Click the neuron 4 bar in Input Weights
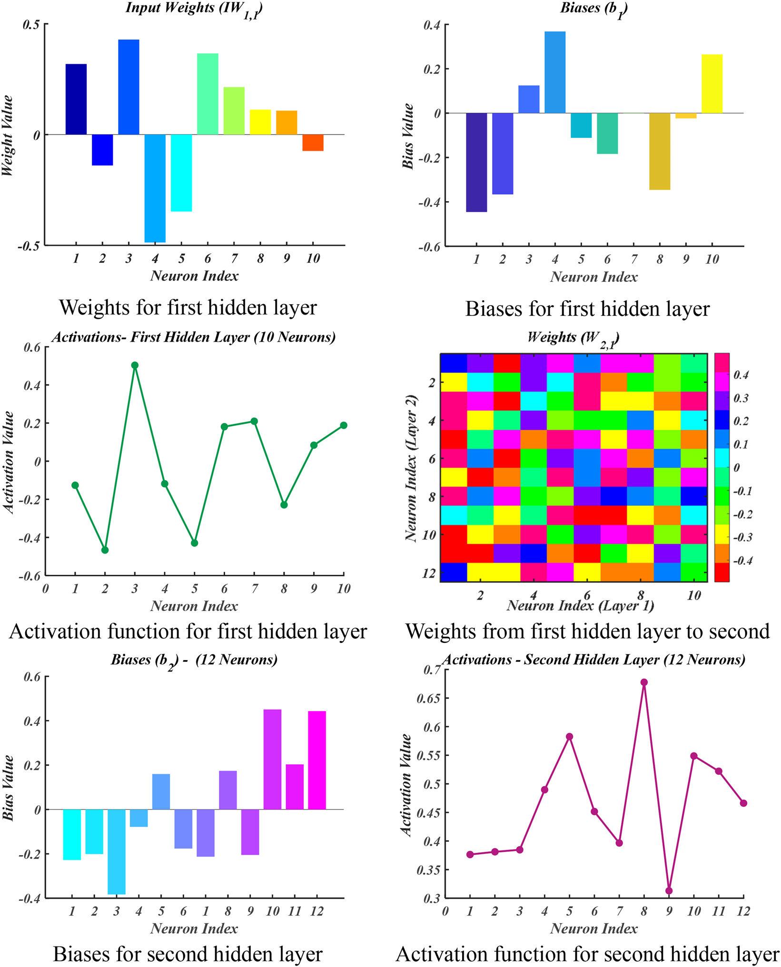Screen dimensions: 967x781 [155, 188]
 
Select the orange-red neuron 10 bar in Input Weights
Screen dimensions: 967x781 [313, 142]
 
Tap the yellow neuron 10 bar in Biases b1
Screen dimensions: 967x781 [712, 84]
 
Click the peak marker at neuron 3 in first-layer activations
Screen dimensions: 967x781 [135, 365]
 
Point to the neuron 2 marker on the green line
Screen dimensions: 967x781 [105, 550]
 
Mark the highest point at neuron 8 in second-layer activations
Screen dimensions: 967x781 [644, 682]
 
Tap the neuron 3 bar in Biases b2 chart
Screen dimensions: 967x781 [117, 851]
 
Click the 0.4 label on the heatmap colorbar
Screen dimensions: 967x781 [741, 375]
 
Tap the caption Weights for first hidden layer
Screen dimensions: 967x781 [188, 307]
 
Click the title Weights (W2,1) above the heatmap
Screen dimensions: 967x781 [573, 338]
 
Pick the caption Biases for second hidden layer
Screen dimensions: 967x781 [188, 954]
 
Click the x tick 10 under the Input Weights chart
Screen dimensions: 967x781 [313, 258]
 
